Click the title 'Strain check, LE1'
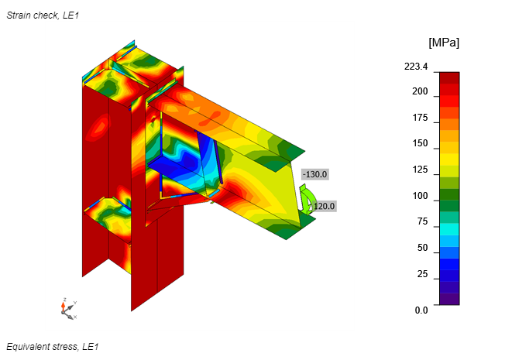[43, 15]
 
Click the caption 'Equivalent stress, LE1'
[52, 347]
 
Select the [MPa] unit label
[444, 43]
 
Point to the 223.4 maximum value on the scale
[416, 67]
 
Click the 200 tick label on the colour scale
[420, 91]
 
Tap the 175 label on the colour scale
[420, 118]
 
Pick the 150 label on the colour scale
[420, 143]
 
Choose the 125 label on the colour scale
[420, 170]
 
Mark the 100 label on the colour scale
[420, 196]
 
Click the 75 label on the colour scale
[422, 221]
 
